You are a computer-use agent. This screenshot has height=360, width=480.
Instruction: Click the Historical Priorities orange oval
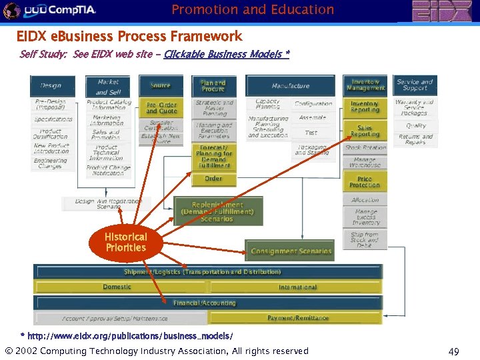[125, 243]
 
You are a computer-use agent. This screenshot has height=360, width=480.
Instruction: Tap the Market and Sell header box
[108, 87]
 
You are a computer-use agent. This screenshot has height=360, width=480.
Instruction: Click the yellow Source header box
[161, 85]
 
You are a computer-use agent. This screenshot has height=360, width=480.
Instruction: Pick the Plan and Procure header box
[213, 85]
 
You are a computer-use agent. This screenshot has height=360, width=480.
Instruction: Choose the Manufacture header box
[291, 86]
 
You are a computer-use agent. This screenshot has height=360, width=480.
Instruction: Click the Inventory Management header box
[365, 85]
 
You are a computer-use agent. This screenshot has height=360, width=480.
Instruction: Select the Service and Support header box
[415, 85]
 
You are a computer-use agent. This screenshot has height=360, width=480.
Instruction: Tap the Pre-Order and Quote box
[161, 108]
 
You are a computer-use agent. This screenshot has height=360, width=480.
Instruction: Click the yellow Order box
[213, 179]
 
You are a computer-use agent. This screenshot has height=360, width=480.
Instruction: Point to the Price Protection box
[365, 182]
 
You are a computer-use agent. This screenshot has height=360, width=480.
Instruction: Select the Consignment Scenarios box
[291, 251]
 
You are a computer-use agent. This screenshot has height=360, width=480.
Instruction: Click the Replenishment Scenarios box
[217, 211]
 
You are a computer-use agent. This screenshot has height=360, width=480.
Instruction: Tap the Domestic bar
[117, 287]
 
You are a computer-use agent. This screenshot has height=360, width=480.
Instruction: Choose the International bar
[297, 287]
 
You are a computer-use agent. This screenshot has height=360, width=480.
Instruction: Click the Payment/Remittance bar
[297, 318]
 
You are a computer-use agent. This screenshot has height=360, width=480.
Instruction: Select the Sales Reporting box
[365, 131]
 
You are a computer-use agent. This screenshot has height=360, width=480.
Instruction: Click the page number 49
[453, 351]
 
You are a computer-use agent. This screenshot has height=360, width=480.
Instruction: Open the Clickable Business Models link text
[227, 54]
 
